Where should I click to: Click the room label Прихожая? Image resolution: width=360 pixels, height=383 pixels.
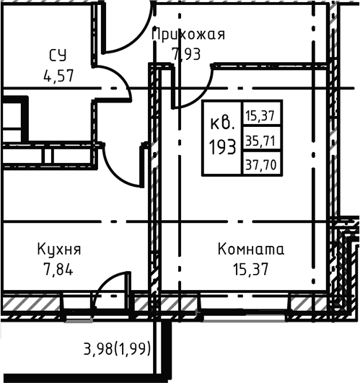[x=190, y=34]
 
